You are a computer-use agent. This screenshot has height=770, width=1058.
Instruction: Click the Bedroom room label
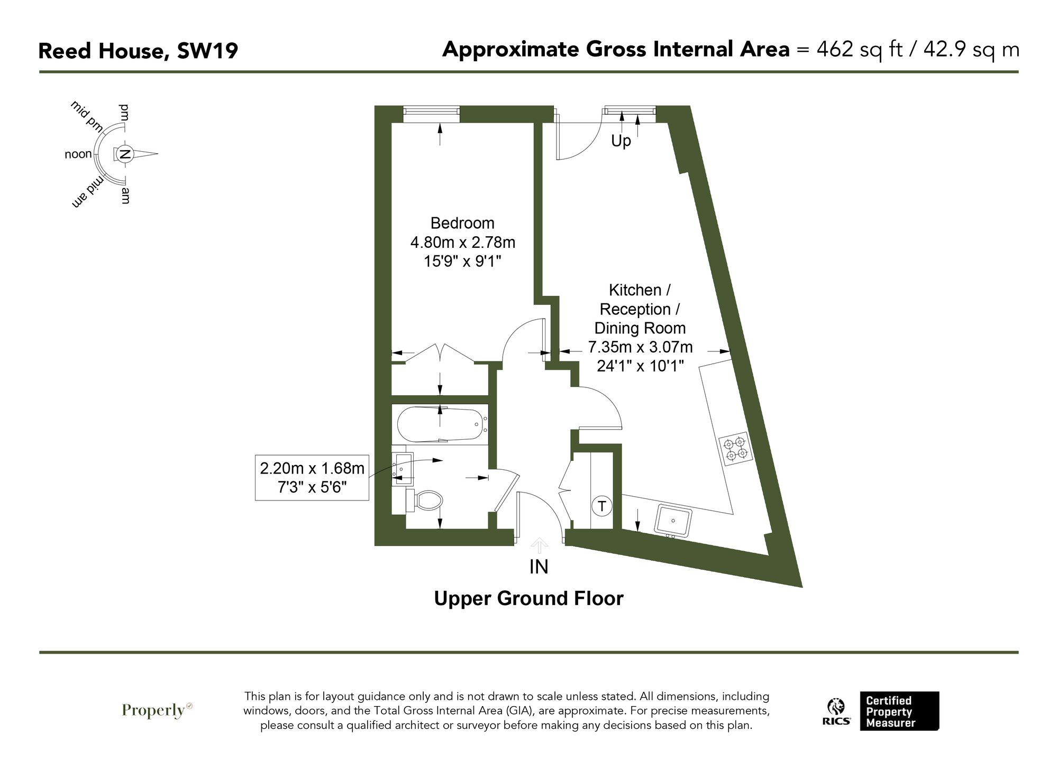462,223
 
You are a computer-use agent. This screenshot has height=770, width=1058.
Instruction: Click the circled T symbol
601,506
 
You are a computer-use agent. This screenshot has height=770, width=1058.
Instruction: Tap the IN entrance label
539,567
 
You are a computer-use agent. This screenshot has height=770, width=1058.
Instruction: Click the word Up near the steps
621,141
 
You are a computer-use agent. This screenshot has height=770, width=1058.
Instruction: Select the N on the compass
125,154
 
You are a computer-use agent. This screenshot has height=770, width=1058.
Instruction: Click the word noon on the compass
78,154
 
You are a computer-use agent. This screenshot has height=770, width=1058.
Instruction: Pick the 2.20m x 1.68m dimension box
312,477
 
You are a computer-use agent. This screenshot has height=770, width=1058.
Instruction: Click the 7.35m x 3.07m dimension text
640,347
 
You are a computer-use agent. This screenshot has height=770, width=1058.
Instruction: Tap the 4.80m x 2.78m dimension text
462,243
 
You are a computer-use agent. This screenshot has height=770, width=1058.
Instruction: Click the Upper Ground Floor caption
528,598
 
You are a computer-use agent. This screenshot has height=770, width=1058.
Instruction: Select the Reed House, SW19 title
138,51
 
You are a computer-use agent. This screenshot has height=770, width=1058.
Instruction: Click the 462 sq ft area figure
859,50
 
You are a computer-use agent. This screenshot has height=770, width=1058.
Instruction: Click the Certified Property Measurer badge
899,711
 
